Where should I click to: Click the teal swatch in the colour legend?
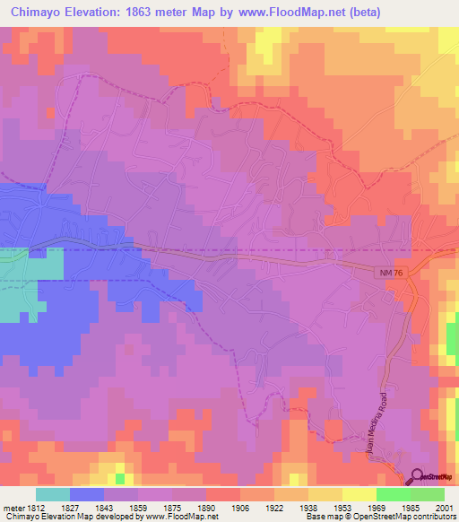pos(53,495)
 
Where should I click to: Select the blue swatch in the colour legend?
pos(87,495)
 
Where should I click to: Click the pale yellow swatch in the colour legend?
pos(359,495)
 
